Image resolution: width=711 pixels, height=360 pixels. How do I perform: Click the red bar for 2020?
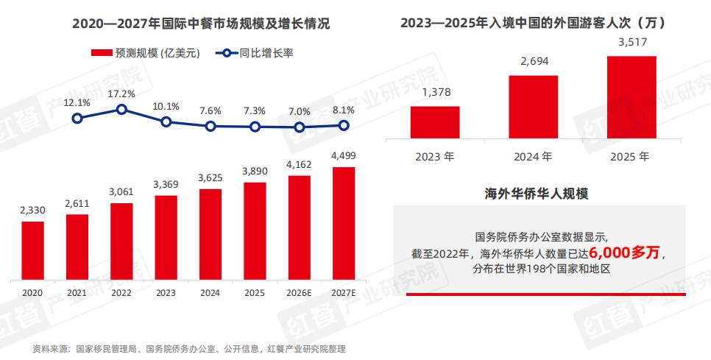point(32,250)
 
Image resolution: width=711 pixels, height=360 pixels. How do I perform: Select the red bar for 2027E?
point(343,223)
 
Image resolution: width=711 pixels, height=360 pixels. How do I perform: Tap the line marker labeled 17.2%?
point(122,110)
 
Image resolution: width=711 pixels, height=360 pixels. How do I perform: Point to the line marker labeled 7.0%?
point(299,127)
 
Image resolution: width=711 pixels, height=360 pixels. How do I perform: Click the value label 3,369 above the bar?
point(166,184)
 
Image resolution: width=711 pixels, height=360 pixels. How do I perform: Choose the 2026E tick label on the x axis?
point(299,292)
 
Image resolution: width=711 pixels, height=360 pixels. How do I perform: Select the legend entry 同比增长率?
point(257,53)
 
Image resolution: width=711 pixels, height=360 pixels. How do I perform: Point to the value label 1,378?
point(435,92)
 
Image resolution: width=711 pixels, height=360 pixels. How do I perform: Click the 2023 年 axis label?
point(435,157)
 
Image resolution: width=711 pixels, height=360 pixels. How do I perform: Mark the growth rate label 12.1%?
point(77,102)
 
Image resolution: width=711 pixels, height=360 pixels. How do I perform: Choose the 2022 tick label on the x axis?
point(121,292)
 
